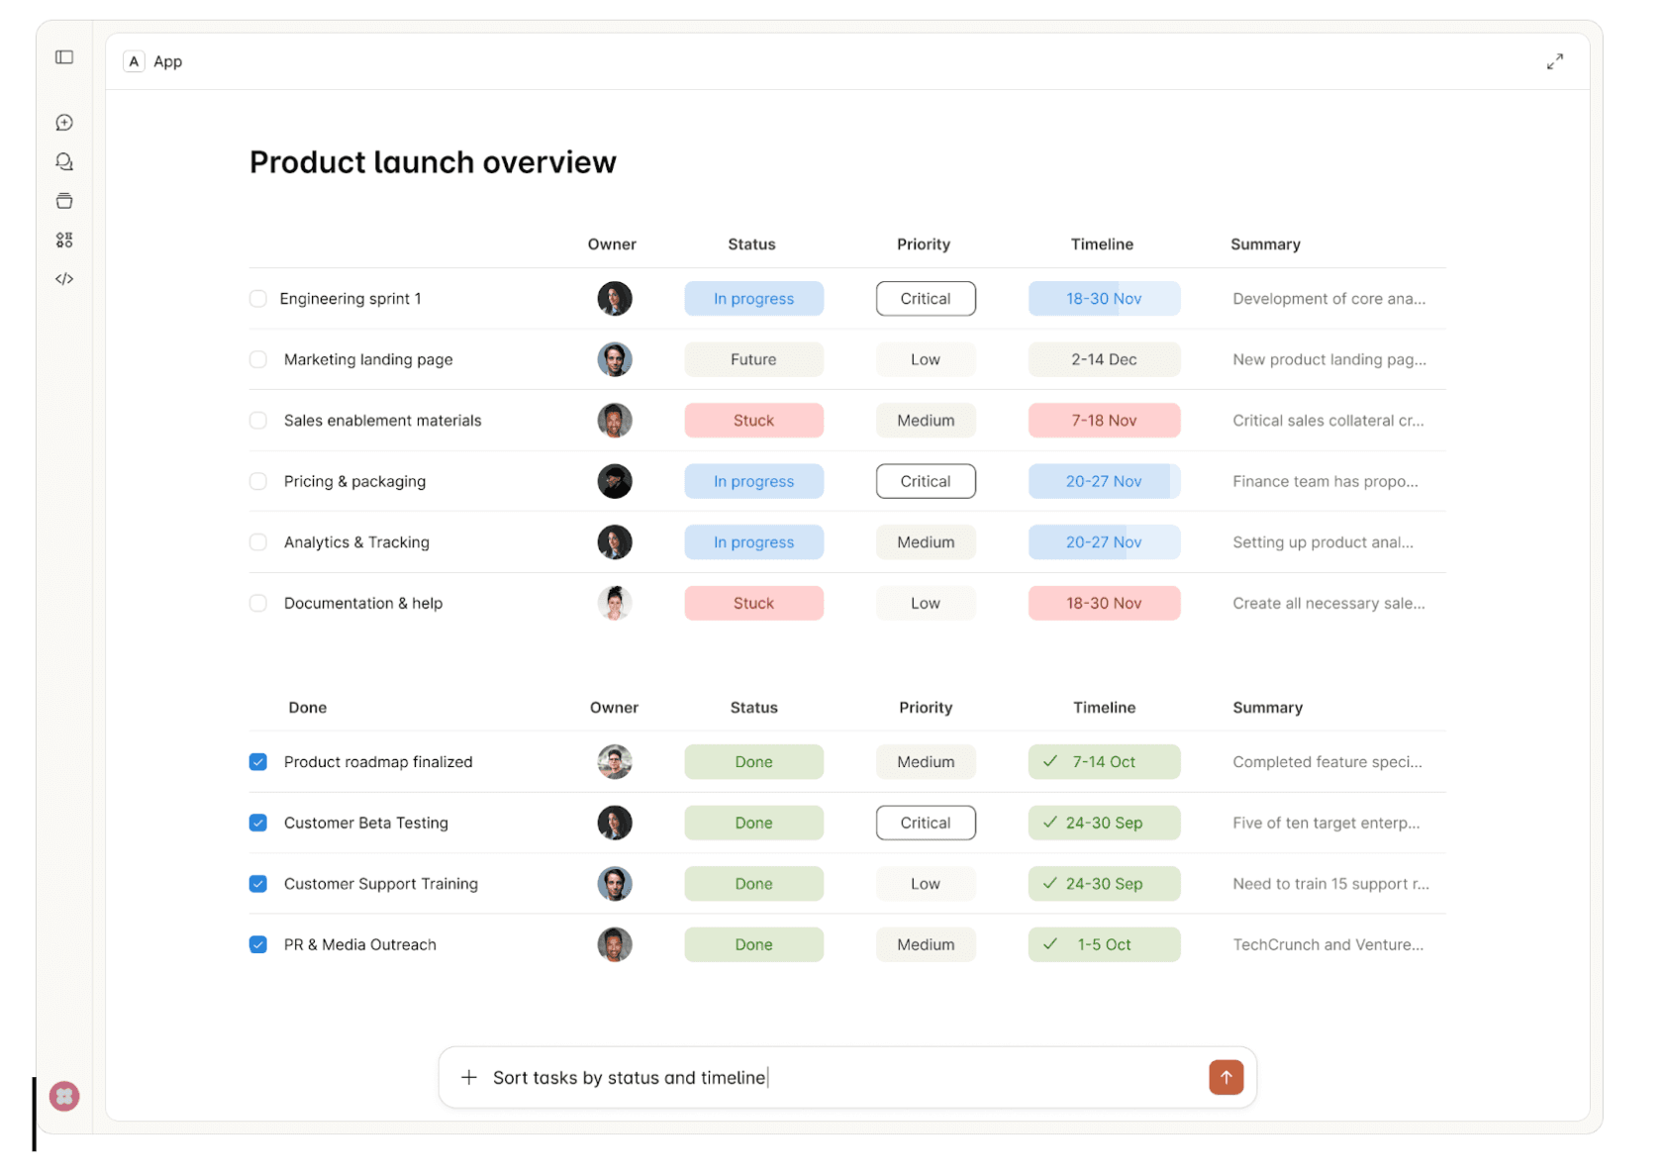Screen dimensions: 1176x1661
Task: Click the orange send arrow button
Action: (x=1225, y=1077)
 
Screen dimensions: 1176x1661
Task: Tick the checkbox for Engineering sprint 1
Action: (x=258, y=299)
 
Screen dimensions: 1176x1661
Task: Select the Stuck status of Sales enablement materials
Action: (x=753, y=421)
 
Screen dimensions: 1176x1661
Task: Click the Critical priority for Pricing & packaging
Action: (x=926, y=482)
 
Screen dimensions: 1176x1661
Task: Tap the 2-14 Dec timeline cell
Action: (x=1104, y=360)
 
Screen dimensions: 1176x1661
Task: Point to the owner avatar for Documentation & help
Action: (x=615, y=604)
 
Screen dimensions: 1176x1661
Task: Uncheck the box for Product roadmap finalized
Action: (x=258, y=762)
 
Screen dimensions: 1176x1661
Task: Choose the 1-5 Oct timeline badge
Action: (x=1104, y=945)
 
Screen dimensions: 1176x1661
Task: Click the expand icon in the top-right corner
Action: (x=1555, y=61)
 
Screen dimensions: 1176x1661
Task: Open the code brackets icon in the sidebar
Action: (x=64, y=279)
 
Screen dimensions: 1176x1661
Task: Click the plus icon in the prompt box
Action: (x=469, y=1077)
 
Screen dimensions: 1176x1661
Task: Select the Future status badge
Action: (x=753, y=360)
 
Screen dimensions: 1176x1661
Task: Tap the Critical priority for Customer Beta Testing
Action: (x=926, y=824)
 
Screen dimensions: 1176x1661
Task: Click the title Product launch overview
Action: (x=433, y=162)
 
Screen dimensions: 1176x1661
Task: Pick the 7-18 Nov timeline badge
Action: (x=1104, y=421)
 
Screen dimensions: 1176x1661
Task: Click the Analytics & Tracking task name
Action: (x=356, y=542)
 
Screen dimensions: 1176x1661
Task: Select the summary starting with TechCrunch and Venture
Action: (x=1327, y=945)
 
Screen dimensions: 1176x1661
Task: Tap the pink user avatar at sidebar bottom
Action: (x=64, y=1097)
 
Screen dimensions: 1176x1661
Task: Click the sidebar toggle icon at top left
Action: (x=64, y=57)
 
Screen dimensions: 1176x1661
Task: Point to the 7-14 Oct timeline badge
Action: (x=1104, y=762)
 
